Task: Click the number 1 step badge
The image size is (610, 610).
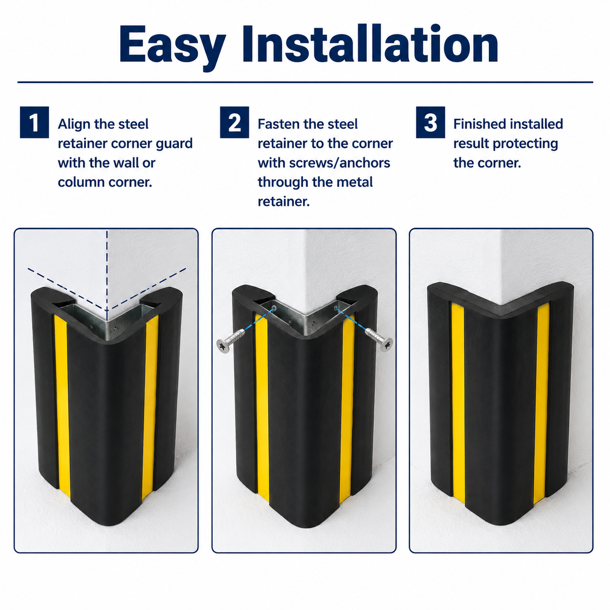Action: click(34, 122)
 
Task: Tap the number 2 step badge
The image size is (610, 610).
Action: click(234, 122)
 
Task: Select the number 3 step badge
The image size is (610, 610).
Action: click(431, 122)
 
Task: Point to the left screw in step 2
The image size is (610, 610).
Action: click(231, 340)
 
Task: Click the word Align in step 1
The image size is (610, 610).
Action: click(74, 125)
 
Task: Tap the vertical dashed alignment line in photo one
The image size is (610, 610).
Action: click(107, 272)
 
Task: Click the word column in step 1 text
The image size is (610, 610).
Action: click(81, 182)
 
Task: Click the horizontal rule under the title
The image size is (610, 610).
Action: click(305, 82)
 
